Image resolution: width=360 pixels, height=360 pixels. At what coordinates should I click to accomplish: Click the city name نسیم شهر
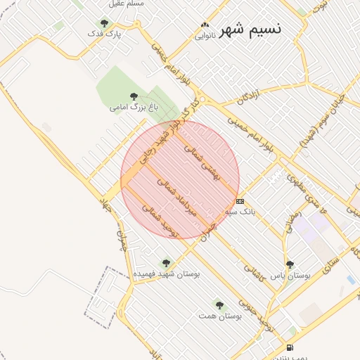[x=251, y=29]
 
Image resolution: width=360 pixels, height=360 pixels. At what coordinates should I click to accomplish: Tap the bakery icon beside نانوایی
[x=204, y=25]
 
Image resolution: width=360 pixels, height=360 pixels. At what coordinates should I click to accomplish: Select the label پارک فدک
[x=105, y=33]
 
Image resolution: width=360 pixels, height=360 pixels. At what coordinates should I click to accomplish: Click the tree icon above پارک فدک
[x=105, y=23]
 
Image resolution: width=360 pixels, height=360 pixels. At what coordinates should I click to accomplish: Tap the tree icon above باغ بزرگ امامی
[x=134, y=97]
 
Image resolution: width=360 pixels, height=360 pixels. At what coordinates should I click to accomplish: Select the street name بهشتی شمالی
[x=202, y=163]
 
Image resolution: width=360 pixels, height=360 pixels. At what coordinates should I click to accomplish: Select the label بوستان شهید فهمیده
[x=166, y=273]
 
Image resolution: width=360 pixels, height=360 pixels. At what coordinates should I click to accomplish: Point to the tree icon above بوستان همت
[x=219, y=305]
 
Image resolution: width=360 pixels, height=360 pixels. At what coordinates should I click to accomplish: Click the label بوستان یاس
[x=291, y=275]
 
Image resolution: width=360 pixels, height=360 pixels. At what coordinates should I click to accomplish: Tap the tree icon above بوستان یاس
[x=290, y=264]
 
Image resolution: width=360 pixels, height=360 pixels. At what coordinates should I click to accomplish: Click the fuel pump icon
[x=290, y=348]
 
